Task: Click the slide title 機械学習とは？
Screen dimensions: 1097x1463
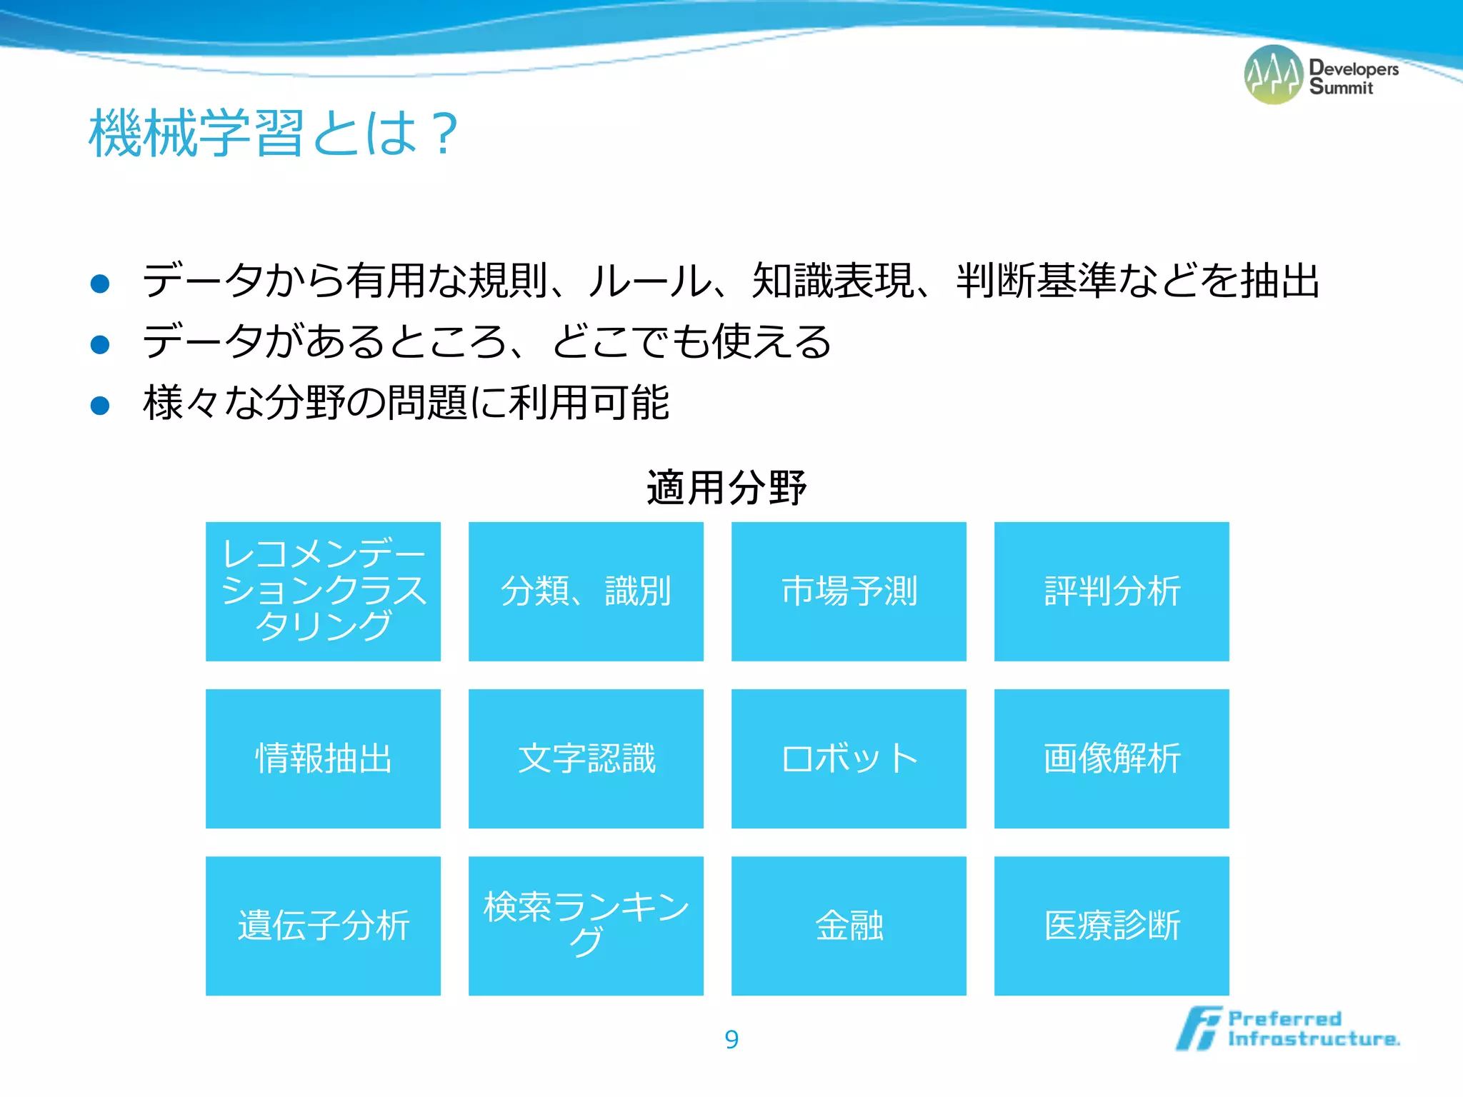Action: pos(273,133)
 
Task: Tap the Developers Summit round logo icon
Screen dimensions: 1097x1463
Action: pos(1273,75)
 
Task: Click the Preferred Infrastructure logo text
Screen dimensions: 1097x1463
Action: pos(1313,1028)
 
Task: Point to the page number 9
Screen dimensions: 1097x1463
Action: pos(731,1039)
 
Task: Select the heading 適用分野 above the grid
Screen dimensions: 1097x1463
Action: pos(726,489)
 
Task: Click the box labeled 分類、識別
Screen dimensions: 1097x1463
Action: pos(586,591)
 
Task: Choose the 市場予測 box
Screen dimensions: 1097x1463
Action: pos(849,591)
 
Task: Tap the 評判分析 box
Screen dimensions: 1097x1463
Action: pos(1112,591)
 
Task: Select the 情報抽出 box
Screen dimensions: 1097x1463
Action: pos(323,758)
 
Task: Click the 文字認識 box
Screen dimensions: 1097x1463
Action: pos(586,758)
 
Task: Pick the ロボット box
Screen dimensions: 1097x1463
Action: pos(849,758)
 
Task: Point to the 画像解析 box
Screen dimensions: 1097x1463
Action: pos(1112,758)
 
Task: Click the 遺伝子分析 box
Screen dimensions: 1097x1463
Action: pos(323,926)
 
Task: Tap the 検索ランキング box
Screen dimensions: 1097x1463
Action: pos(586,926)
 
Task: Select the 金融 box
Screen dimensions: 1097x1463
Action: pos(849,926)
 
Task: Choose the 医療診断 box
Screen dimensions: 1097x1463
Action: pos(1112,926)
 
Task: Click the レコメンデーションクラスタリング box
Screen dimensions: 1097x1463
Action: pos(323,591)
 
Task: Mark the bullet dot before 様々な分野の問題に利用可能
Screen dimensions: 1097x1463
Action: pos(100,406)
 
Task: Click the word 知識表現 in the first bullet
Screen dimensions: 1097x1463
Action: pos(833,281)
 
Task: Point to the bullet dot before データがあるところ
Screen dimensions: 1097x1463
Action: pos(100,345)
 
